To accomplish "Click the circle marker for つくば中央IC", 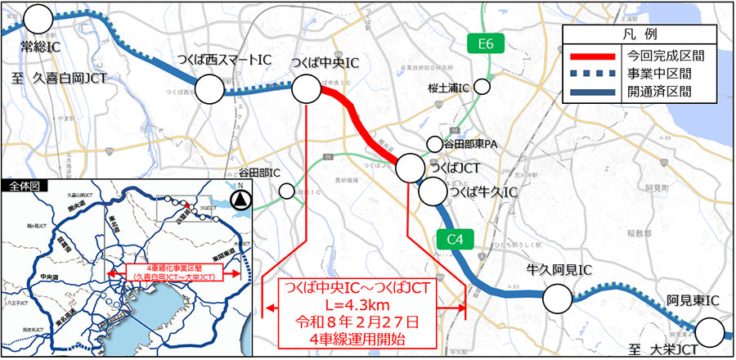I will coord(307,89).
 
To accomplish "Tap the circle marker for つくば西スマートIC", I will coord(209,89).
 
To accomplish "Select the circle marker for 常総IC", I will coord(38,18).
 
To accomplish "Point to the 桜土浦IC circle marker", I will coord(482,86).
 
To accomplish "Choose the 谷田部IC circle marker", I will coord(287,191).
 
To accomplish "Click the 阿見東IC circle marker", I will coord(711,334).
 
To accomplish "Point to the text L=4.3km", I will coord(353,304).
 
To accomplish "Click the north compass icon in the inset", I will coord(240,197).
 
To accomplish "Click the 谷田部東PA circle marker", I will coord(434,144).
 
